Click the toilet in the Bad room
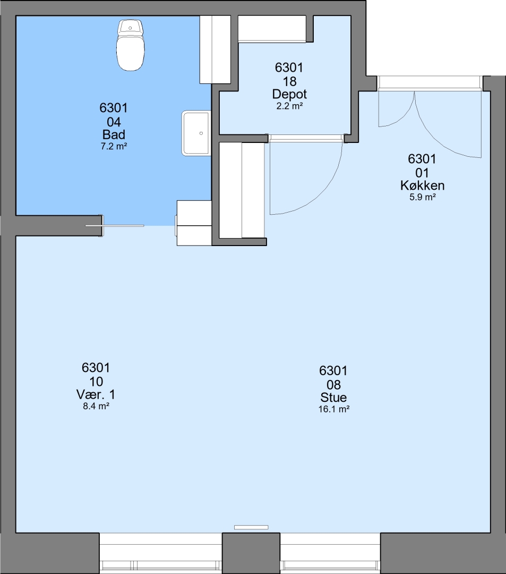tap(130, 45)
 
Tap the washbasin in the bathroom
tap(196, 133)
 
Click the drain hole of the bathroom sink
tap(201, 133)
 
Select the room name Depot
tap(289, 94)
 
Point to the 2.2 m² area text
tap(289, 106)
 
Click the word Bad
tap(114, 134)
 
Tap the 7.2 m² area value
tap(114, 147)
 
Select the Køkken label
tap(422, 185)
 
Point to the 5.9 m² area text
tap(422, 197)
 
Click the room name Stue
tap(333, 397)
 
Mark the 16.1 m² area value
tap(334, 409)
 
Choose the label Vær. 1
tap(96, 394)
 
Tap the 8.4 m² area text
tap(96, 406)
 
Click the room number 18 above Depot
tap(289, 81)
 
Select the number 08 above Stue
tap(333, 385)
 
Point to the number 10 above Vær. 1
tap(96, 382)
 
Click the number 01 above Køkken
tap(422, 173)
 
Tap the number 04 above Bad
tap(114, 122)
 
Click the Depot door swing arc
tap(324, 193)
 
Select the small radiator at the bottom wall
tap(251, 528)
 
